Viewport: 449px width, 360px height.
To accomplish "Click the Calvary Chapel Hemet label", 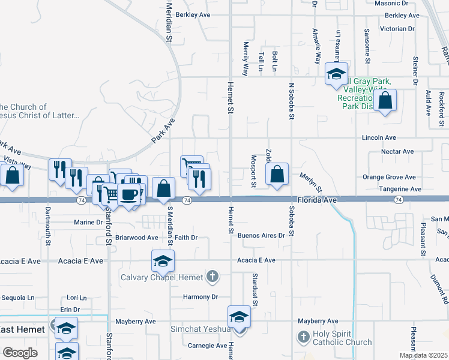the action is click(x=162, y=277).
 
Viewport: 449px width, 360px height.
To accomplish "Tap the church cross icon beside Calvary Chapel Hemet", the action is click(x=212, y=277).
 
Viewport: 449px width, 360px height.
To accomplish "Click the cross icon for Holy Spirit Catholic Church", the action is click(x=303, y=338).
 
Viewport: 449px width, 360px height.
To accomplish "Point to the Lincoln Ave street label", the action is click(x=379, y=137).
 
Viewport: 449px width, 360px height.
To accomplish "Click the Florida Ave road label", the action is click(x=315, y=199).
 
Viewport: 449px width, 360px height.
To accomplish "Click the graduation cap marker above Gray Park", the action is click(x=336, y=74).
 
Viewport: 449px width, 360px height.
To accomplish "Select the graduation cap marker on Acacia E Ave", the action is click(x=163, y=261).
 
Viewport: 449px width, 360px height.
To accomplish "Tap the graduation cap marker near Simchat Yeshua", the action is click(x=239, y=317).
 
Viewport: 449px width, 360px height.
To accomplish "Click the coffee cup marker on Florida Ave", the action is click(x=128, y=194).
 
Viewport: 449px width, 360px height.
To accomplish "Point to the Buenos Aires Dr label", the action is click(x=261, y=236).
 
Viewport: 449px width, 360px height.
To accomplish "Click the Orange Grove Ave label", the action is click(x=389, y=177).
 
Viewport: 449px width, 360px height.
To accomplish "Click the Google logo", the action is click(x=20, y=352).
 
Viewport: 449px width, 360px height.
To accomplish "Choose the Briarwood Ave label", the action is click(x=136, y=238).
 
